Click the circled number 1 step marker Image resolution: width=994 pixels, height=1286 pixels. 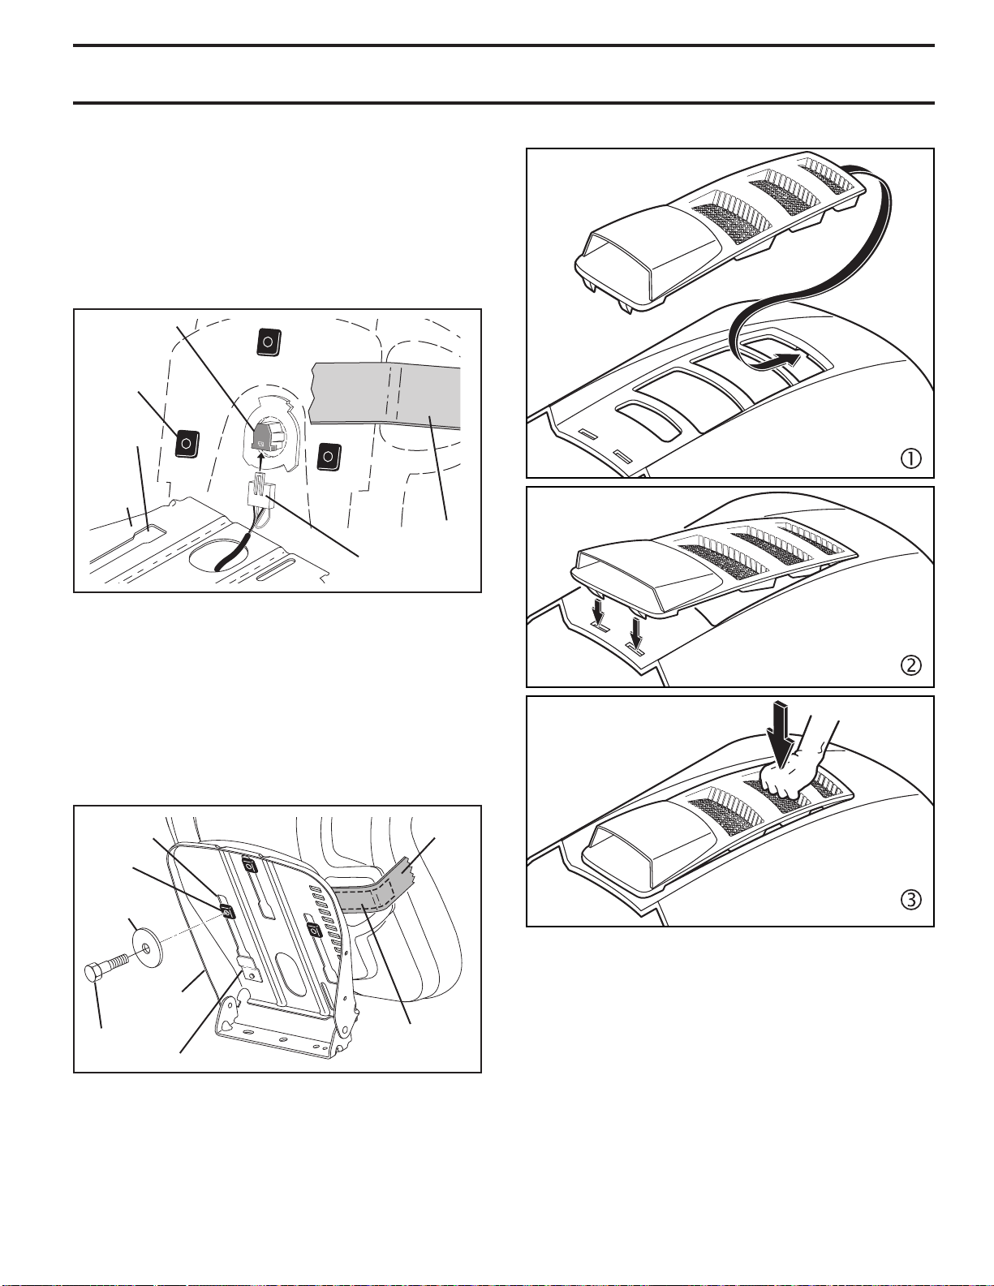pyautogui.click(x=910, y=458)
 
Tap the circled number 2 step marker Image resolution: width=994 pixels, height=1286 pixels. pyautogui.click(x=910, y=666)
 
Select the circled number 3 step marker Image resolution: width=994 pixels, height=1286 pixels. pyautogui.click(x=910, y=900)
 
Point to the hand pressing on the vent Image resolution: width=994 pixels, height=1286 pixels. pyautogui.click(x=791, y=769)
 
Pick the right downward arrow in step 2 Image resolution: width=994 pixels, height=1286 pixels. pyautogui.click(x=635, y=633)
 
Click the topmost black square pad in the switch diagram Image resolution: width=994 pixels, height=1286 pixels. pyautogui.click(x=268, y=342)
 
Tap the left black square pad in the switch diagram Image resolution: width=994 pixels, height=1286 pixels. pyautogui.click(x=186, y=443)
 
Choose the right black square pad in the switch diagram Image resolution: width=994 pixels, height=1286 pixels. pyautogui.click(x=329, y=457)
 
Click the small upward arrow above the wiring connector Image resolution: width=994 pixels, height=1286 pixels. pyautogui.click(x=261, y=462)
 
